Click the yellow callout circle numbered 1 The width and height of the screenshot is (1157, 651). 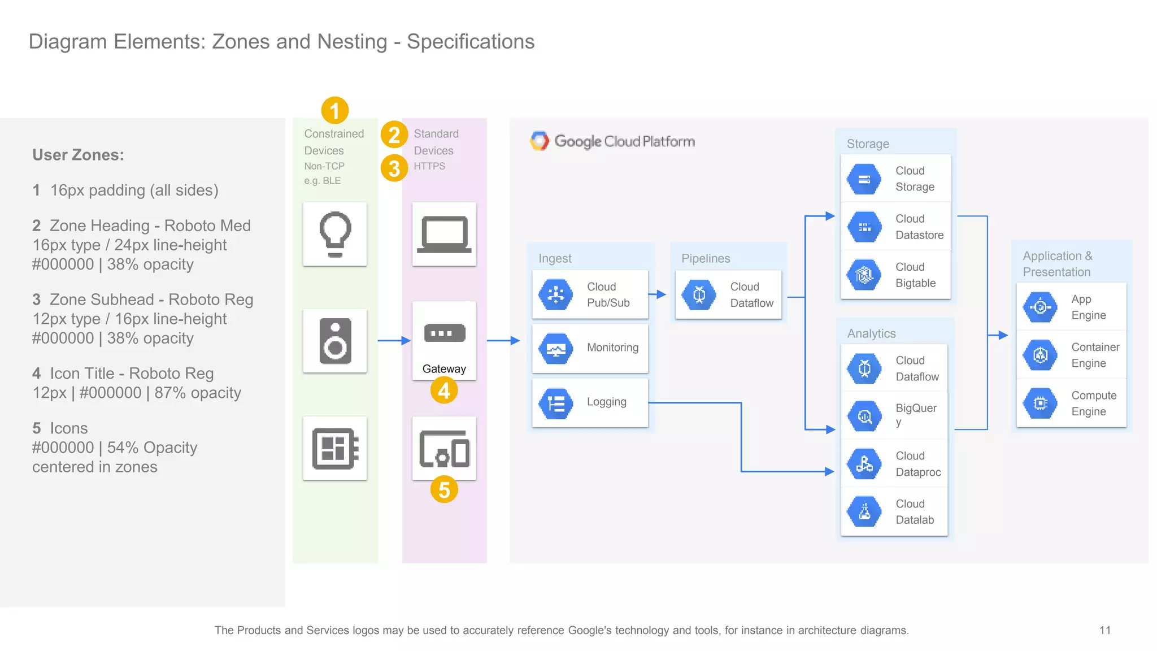[x=334, y=110]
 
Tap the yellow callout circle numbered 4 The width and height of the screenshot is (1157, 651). [x=444, y=390]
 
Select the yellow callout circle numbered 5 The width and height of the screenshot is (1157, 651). [x=444, y=489]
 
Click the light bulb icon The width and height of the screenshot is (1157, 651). [x=335, y=234]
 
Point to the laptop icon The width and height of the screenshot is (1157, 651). [x=444, y=234]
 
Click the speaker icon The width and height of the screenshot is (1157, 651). [x=335, y=341]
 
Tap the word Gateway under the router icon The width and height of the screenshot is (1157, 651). [x=444, y=369]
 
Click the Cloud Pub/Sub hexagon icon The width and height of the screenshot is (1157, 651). [x=556, y=294]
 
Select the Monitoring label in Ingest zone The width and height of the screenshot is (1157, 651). [x=612, y=348]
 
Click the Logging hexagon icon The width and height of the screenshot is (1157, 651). [x=556, y=403]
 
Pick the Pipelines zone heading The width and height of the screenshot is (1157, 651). [x=706, y=258]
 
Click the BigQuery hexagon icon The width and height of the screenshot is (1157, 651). [x=864, y=416]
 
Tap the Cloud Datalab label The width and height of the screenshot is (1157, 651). [x=914, y=511]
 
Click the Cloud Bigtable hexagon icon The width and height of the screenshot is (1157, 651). [x=864, y=275]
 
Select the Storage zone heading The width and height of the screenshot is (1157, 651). [x=868, y=144]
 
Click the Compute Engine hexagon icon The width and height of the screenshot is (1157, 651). [x=1040, y=403]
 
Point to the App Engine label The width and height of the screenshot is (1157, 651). [x=1088, y=307]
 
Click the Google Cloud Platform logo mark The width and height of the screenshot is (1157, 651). [x=540, y=141]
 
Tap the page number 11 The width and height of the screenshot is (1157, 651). [x=1105, y=630]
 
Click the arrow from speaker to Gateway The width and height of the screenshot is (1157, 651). [x=393, y=341]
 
